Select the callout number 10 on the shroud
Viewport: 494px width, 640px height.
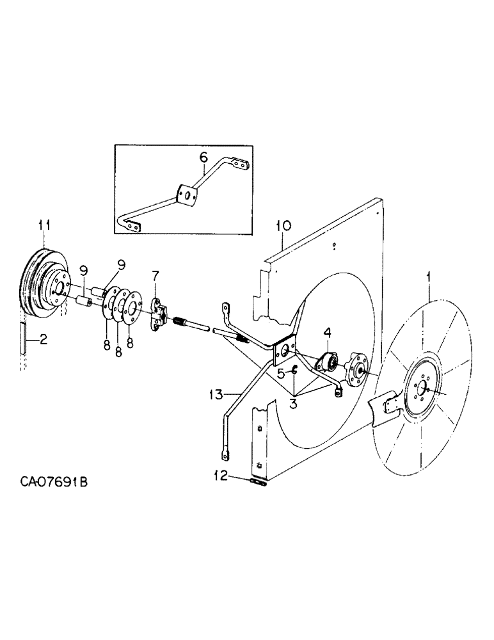[283, 227]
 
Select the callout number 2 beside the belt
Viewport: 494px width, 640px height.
[43, 341]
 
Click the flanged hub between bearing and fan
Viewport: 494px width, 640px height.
[355, 371]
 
